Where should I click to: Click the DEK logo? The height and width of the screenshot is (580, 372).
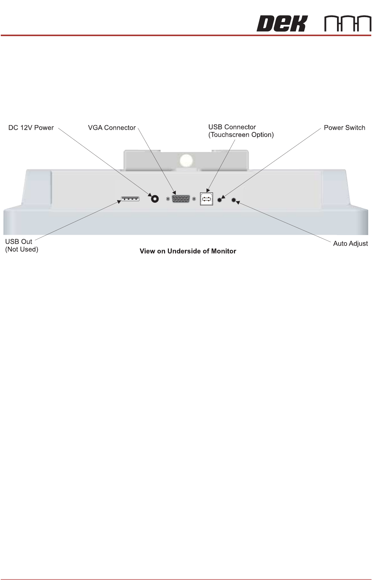click(281, 24)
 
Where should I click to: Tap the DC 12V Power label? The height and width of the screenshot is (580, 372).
click(31, 128)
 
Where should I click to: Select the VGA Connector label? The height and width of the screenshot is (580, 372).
click(112, 128)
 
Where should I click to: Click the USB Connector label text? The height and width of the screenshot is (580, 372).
click(232, 127)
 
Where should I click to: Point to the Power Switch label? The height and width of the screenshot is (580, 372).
click(344, 128)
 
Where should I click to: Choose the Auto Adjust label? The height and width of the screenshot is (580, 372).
click(350, 243)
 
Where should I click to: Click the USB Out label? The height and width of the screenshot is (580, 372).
click(19, 242)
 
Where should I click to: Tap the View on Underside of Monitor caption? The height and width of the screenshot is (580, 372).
click(188, 251)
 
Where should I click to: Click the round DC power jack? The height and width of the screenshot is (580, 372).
click(155, 199)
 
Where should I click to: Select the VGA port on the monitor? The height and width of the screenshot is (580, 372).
click(181, 199)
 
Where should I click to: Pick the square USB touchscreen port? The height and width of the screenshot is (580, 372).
click(207, 199)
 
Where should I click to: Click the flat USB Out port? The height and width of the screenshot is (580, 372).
click(130, 199)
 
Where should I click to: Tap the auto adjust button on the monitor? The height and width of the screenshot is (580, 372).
click(234, 200)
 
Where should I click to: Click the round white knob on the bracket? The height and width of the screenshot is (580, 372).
click(186, 161)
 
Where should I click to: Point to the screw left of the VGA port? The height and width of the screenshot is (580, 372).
click(168, 199)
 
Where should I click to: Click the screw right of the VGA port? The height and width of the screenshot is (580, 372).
click(194, 199)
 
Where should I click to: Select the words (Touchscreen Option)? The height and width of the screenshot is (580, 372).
click(241, 135)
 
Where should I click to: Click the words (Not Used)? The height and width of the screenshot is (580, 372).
click(22, 249)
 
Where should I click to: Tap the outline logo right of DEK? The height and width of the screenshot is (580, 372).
click(348, 24)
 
